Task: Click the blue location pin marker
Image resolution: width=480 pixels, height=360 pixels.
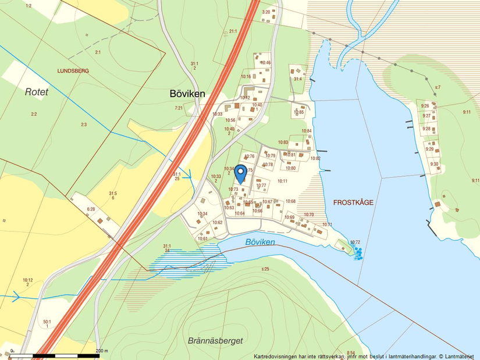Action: (240, 173)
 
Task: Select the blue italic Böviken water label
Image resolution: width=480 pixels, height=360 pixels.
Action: (259, 241)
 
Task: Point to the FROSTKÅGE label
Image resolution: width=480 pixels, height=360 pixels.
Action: (353, 202)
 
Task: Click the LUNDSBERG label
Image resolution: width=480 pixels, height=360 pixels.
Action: (73, 70)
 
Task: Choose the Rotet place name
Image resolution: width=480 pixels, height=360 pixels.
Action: (37, 91)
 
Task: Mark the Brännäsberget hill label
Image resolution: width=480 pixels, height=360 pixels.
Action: (215, 341)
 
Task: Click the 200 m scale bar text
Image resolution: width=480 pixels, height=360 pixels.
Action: (102, 351)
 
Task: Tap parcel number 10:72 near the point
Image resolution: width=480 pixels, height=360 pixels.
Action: (355, 242)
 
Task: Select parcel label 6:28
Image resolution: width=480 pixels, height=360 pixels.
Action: (91, 209)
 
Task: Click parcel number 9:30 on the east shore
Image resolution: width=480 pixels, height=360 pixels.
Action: (434, 164)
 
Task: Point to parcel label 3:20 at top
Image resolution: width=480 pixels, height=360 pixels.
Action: (266, 12)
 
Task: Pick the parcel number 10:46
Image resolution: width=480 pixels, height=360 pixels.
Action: (265, 63)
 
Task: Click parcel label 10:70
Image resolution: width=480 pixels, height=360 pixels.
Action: (308, 215)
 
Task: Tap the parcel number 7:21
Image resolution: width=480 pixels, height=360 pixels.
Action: (179, 108)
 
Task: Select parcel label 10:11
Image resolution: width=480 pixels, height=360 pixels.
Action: (282, 181)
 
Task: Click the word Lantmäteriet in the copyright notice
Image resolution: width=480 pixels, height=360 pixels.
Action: (460, 356)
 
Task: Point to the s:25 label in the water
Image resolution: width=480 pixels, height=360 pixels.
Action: (265, 269)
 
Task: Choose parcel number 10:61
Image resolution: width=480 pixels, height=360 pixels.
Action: (202, 238)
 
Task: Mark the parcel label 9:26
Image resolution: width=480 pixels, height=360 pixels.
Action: (425, 106)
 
